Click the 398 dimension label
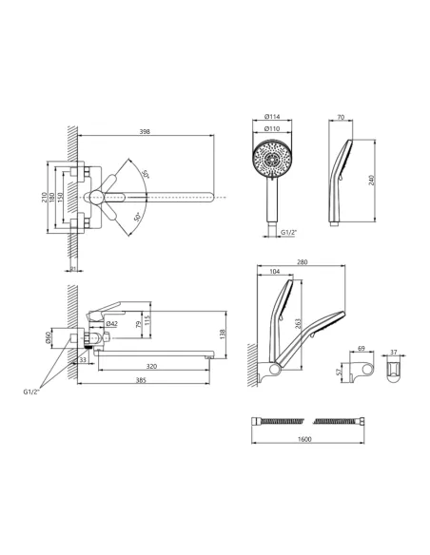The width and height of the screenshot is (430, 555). pyautogui.click(x=145, y=131)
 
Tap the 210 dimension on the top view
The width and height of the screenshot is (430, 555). pyautogui.click(x=45, y=197)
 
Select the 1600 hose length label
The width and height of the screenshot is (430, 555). pyautogui.click(x=304, y=439)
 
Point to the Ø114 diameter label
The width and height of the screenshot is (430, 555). pyautogui.click(x=272, y=117)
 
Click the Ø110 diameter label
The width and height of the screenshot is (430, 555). pyautogui.click(x=272, y=129)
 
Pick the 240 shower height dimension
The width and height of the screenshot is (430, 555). pyautogui.click(x=371, y=181)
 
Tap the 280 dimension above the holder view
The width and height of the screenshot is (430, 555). pyautogui.click(x=303, y=262)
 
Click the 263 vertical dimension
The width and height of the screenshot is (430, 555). pyautogui.click(x=298, y=324)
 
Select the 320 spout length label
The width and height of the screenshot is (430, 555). pyautogui.click(x=151, y=366)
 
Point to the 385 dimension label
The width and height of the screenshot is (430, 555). pyautogui.click(x=141, y=380)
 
